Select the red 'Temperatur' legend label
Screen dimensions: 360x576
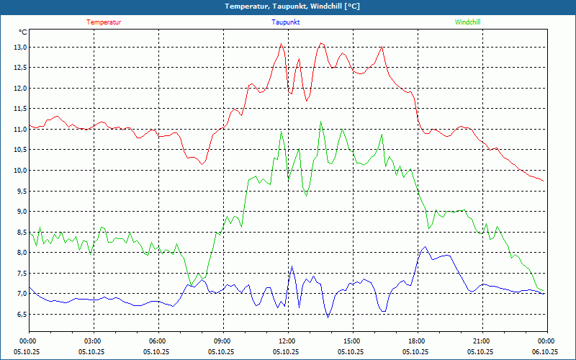pyautogui.click(x=104, y=22)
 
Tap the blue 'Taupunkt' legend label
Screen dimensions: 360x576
pyautogui.click(x=286, y=22)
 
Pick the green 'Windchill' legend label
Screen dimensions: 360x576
pyautogui.click(x=467, y=22)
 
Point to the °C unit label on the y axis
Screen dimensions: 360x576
pyautogui.click(x=23, y=32)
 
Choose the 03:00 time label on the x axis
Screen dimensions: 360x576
pyautogui.click(x=93, y=341)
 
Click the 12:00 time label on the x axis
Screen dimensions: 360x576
pyautogui.click(x=287, y=341)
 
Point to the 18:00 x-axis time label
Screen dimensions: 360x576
pyautogui.click(x=416, y=341)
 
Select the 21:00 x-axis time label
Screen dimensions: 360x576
pyautogui.click(x=481, y=341)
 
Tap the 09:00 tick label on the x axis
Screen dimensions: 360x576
pyautogui.click(x=222, y=341)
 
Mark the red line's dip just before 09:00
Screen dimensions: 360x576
pyautogui.click(x=202, y=164)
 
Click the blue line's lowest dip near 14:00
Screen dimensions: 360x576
pyautogui.click(x=328, y=318)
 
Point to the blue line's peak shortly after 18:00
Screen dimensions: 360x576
pyautogui.click(x=425, y=247)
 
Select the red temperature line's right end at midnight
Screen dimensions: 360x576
pyautogui.click(x=544, y=181)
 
